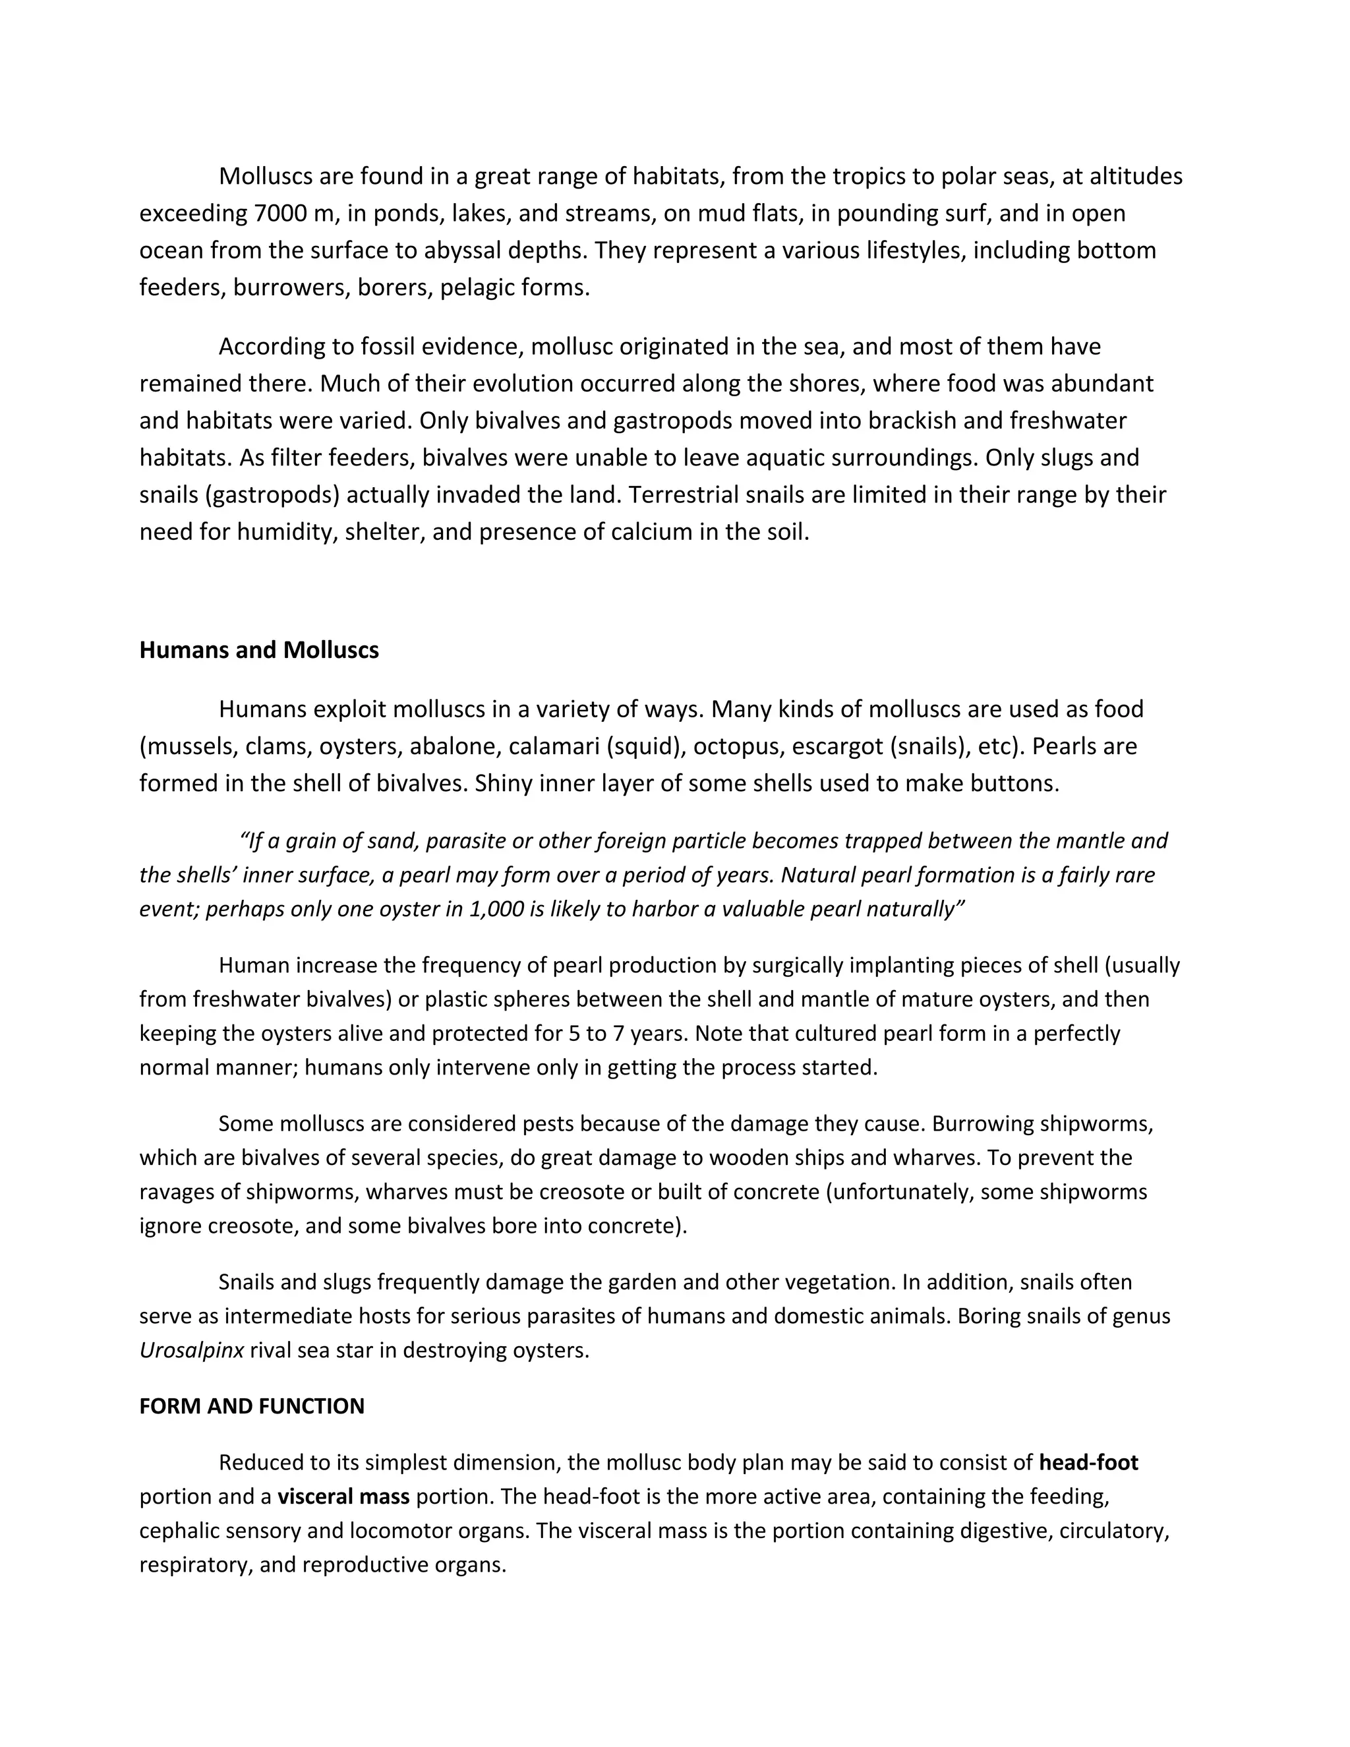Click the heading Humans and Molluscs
tap(258, 649)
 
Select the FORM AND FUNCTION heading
tap(251, 1406)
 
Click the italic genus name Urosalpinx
tap(191, 1350)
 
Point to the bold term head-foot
tap(1088, 1462)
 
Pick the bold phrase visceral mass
tap(343, 1496)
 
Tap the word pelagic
tap(476, 287)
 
